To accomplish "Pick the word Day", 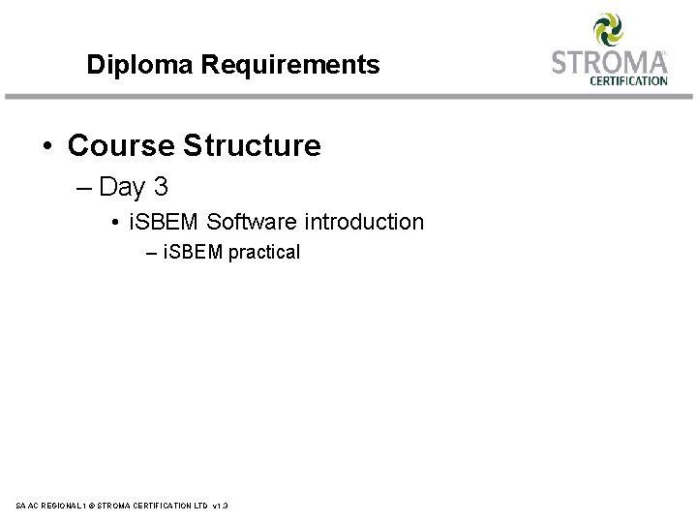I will (121, 185).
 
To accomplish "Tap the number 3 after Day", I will (160, 185).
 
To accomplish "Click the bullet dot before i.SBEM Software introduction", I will (115, 223).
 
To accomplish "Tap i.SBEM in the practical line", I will (194, 253).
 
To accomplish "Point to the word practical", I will (264, 254).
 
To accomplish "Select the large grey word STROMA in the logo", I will (608, 62).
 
